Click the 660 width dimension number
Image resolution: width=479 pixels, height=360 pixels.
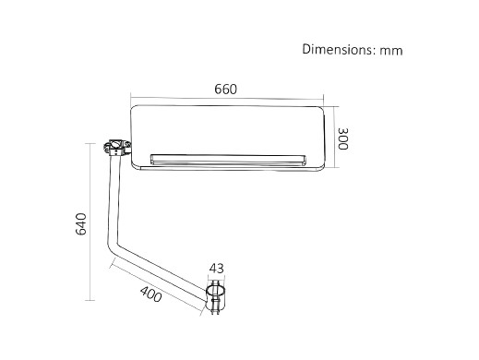click(x=226, y=90)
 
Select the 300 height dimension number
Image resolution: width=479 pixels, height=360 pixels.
click(x=343, y=138)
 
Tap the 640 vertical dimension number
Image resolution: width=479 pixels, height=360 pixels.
click(x=81, y=224)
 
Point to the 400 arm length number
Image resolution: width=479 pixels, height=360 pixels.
click(x=150, y=294)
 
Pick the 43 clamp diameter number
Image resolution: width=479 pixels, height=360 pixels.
click(x=217, y=269)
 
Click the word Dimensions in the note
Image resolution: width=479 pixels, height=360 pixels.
click(x=338, y=49)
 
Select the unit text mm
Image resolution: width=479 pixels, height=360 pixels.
click(x=391, y=51)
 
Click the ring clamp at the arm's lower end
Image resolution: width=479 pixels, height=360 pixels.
click(x=215, y=297)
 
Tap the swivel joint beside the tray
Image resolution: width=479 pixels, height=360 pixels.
click(x=116, y=148)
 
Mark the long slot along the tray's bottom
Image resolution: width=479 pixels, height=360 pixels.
click(x=228, y=160)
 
